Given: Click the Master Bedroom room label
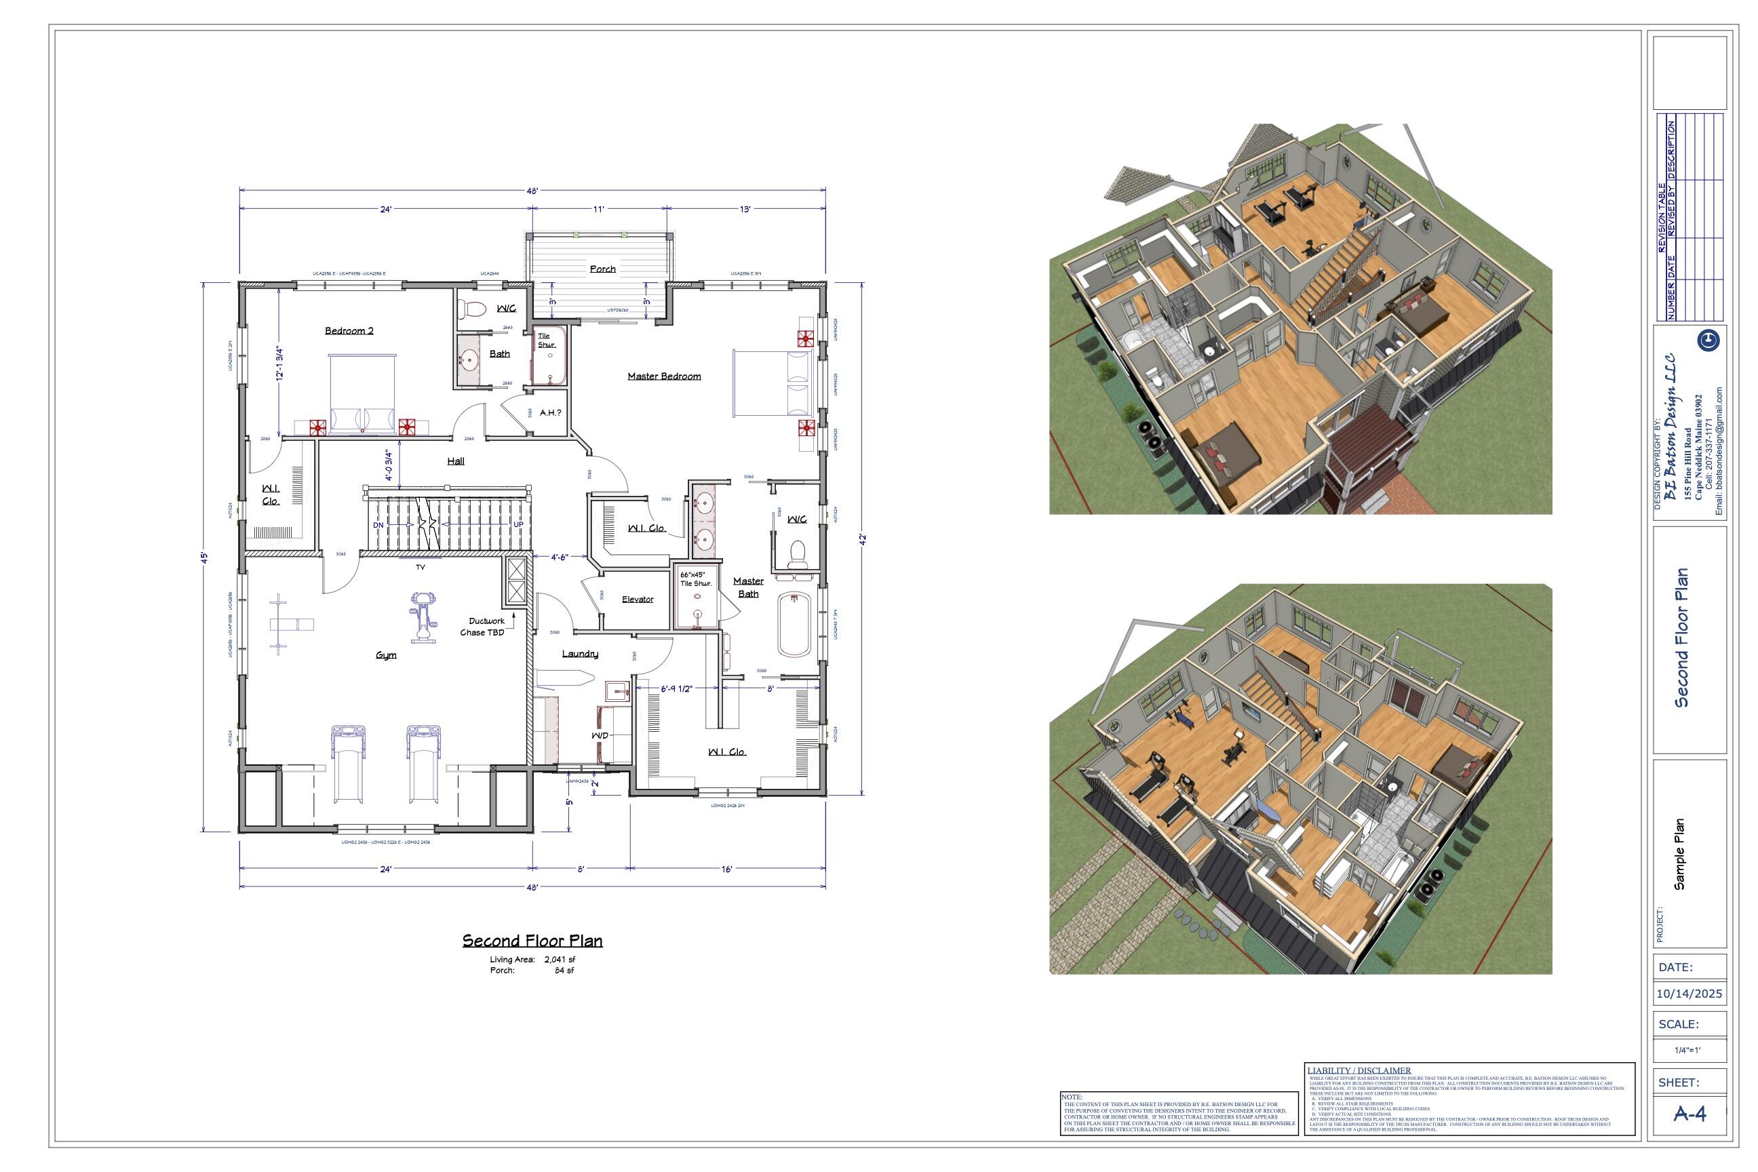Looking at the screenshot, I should click(664, 376).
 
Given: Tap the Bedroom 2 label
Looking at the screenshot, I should click(349, 330).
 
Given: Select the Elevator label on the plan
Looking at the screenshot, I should click(638, 599).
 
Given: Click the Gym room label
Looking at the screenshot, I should click(386, 655).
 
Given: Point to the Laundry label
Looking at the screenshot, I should click(580, 653).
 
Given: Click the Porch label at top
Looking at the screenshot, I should click(602, 269).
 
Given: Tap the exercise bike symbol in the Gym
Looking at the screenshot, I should click(423, 617).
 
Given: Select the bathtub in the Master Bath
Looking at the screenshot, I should click(794, 625).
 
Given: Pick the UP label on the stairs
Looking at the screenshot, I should click(519, 524).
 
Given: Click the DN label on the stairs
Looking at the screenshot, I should click(378, 525).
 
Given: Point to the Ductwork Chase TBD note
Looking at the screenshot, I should click(484, 627).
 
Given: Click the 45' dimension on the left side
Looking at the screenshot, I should click(203, 557).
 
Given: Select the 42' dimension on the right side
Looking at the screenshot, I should click(862, 540).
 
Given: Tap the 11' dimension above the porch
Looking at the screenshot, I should click(599, 210).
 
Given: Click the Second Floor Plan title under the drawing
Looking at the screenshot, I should click(532, 940).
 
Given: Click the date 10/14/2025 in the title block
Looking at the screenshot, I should click(1689, 994).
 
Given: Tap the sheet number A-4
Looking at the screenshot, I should click(1689, 1114).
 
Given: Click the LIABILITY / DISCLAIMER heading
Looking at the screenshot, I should click(1359, 1070).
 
